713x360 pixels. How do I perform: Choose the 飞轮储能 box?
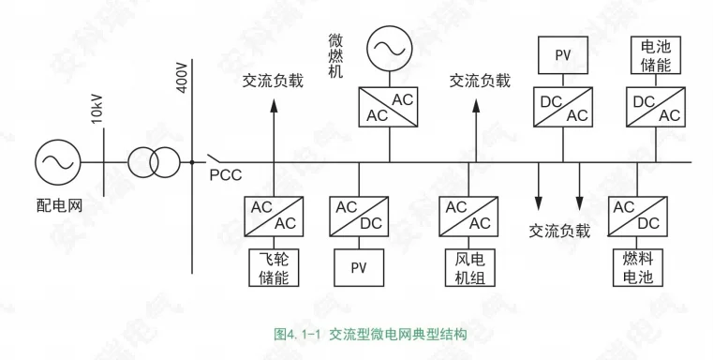[x=273, y=267]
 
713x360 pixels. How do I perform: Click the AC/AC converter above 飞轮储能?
[x=273, y=215]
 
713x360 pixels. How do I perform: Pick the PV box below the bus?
[x=358, y=267]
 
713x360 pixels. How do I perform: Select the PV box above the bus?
[x=562, y=55]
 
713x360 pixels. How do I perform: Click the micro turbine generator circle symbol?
[x=388, y=46]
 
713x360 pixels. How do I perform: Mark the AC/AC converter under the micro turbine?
[x=388, y=108]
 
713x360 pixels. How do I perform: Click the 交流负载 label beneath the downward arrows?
[x=559, y=231]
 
